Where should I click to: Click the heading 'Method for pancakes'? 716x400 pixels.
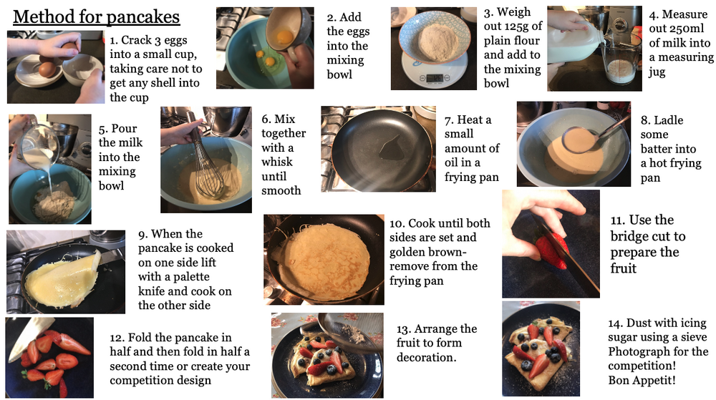coord(97,17)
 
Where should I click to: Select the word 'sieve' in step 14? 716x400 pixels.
coord(694,337)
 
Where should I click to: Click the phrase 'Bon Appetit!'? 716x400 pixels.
coord(642,380)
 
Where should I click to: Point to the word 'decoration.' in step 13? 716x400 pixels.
coord(426,357)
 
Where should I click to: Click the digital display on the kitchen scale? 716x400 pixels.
coord(435,77)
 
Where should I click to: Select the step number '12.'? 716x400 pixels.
coord(117,338)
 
